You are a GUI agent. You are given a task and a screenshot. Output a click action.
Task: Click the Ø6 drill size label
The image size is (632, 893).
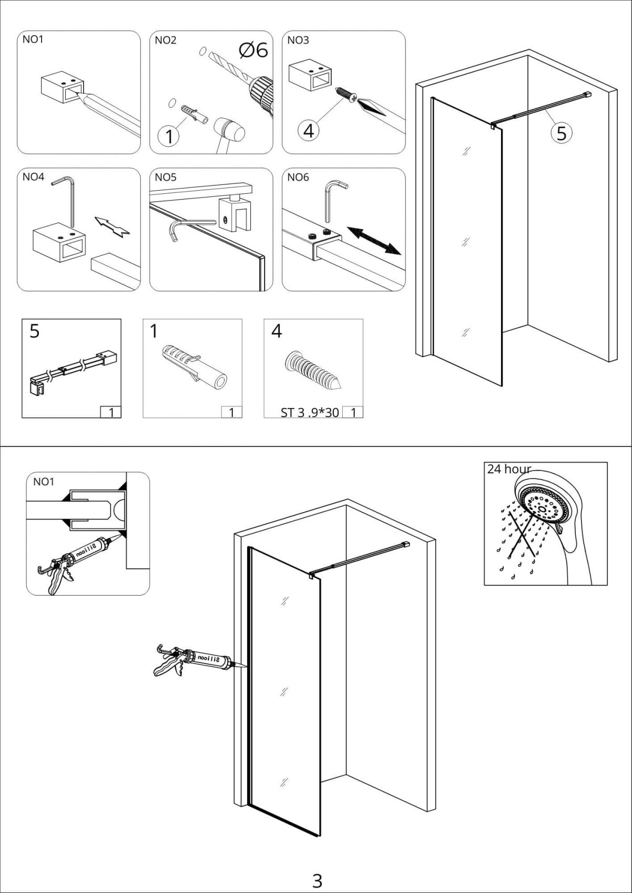(x=253, y=50)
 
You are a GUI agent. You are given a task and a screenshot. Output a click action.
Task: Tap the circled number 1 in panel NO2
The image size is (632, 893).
(x=169, y=136)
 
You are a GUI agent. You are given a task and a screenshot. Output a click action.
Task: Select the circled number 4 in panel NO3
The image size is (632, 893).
(x=308, y=130)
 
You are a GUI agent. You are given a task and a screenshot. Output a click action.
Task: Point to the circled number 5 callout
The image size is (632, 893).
(x=561, y=133)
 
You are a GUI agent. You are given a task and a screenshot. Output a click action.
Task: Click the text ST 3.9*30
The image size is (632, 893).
(x=310, y=412)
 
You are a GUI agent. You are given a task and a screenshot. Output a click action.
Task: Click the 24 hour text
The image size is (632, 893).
(x=508, y=469)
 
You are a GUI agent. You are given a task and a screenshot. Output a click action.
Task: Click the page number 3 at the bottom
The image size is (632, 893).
(x=317, y=866)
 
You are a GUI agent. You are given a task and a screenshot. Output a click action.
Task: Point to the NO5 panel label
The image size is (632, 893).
(x=166, y=177)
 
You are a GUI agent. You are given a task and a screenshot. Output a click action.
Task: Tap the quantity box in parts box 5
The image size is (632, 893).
(x=110, y=412)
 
